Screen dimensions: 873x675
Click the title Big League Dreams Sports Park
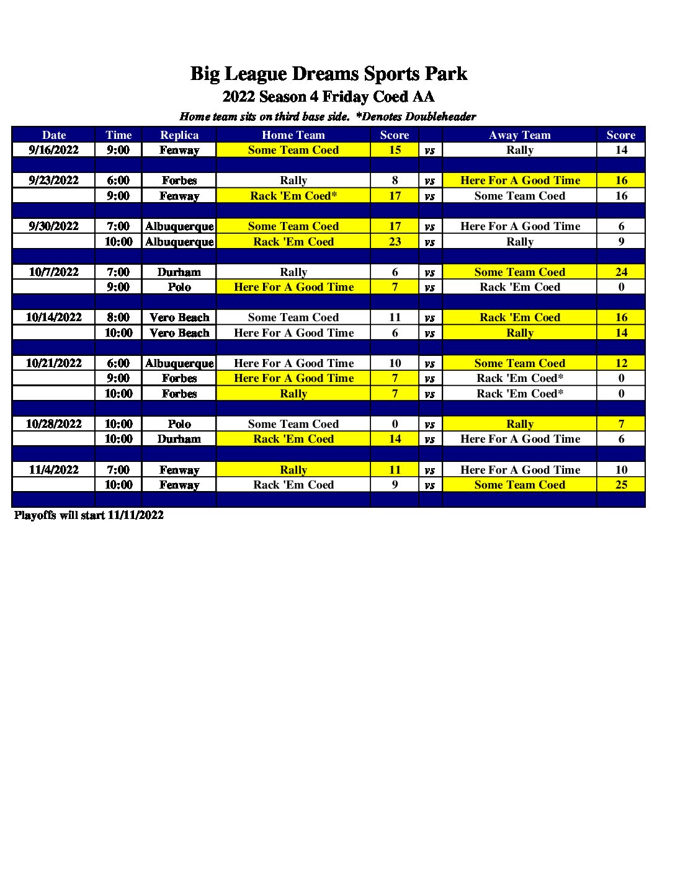(328, 74)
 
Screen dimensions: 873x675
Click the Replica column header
(179, 135)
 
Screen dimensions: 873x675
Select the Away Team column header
(519, 135)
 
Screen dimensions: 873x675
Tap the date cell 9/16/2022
(53, 149)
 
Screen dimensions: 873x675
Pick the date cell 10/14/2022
(53, 317)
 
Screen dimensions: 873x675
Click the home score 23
(395, 241)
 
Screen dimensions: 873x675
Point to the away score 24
(621, 272)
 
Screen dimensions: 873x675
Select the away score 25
(621, 484)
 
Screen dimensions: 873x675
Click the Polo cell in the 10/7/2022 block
(179, 286)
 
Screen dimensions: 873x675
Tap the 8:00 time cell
(118, 317)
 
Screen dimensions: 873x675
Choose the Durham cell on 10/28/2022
(179, 438)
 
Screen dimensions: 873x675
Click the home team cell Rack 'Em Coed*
(293, 195)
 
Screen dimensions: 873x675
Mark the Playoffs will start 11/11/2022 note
(89, 515)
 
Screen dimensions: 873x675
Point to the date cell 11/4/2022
(53, 469)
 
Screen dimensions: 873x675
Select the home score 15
(395, 149)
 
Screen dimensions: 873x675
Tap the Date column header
(53, 135)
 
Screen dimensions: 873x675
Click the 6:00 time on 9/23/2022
(118, 180)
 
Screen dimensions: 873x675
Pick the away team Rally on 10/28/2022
(519, 423)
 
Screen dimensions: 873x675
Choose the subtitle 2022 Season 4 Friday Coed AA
(328, 97)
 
